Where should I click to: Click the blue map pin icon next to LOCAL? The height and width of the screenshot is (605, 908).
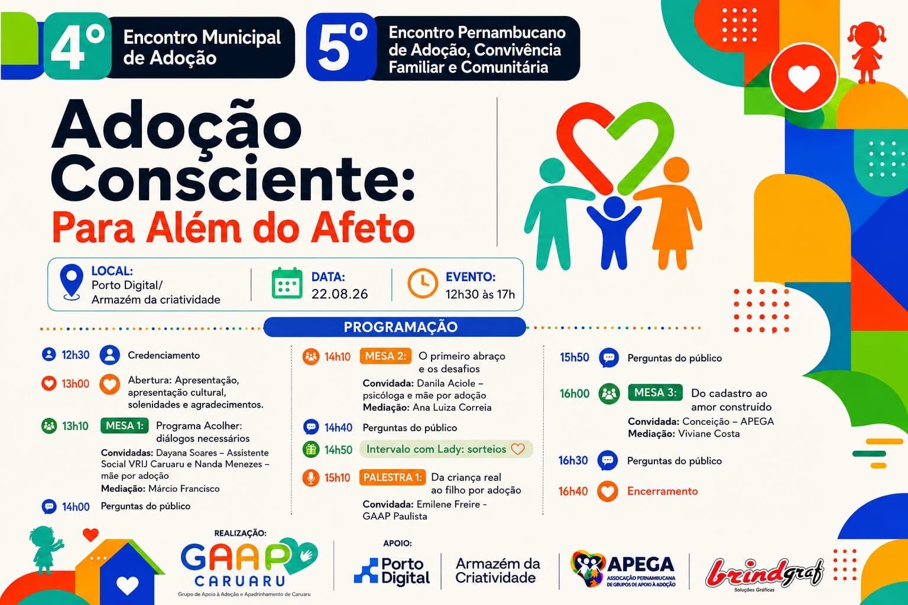[72, 282]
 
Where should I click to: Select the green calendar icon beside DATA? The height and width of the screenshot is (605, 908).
[287, 283]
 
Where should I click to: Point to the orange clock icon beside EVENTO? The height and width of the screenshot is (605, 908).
[423, 283]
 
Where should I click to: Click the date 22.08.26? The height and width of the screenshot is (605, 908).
[339, 294]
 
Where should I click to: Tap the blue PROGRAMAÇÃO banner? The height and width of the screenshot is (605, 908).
[395, 327]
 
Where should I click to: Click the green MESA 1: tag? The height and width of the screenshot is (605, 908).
[125, 425]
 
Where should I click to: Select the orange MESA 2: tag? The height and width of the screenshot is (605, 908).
[385, 356]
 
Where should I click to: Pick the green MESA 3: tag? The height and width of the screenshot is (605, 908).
[655, 392]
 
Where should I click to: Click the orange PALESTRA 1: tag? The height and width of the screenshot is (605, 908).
[393, 477]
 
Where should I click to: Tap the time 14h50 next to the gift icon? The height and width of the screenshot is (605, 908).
[338, 450]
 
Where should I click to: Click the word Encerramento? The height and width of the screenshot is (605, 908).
[662, 491]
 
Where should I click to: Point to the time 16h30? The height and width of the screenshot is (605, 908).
[573, 460]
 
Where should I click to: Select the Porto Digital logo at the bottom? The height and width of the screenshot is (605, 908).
[392, 571]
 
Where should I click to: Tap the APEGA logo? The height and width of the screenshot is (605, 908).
[623, 569]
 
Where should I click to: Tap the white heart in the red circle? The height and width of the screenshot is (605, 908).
[803, 78]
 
